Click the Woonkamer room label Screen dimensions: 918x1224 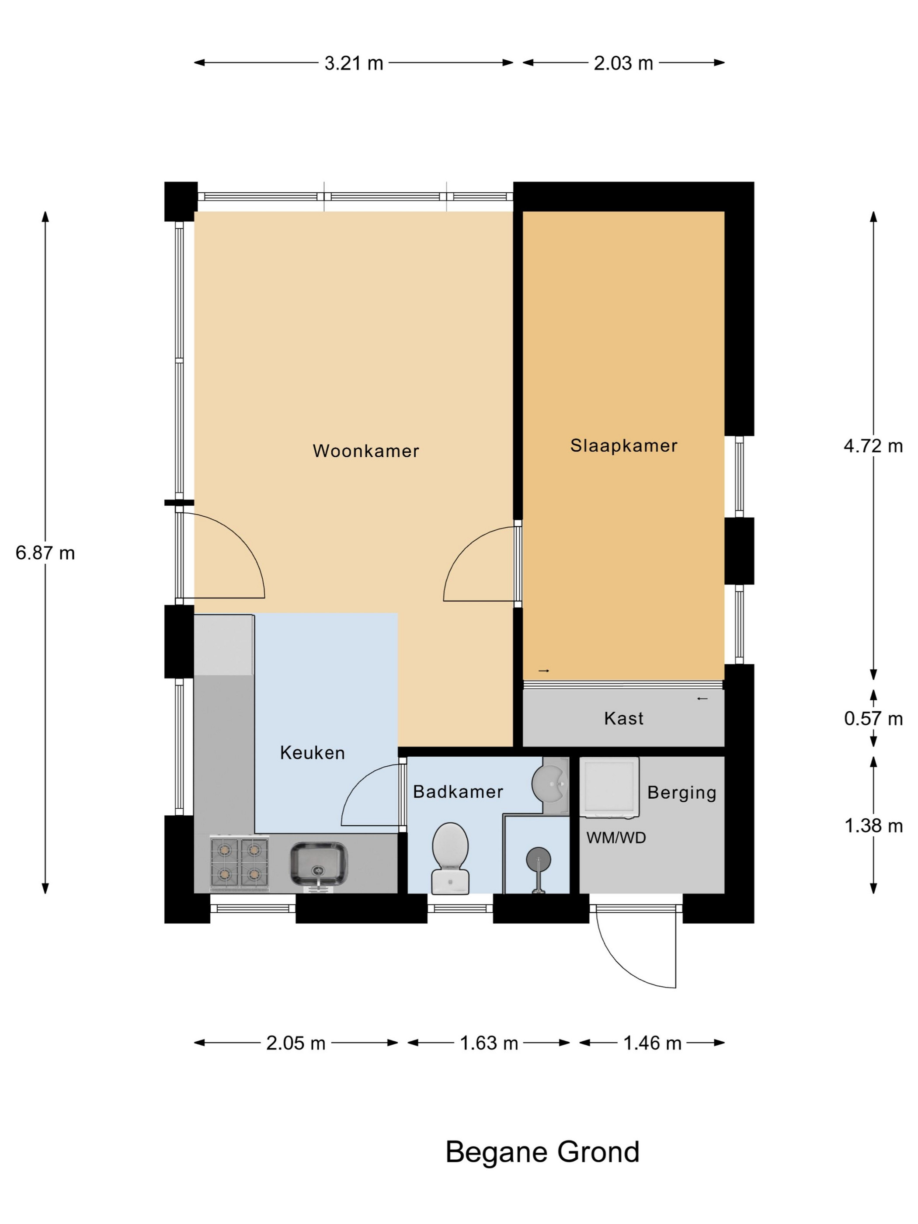366,451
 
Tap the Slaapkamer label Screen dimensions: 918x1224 624,446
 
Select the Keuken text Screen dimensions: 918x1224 312,753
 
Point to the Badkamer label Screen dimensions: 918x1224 458,792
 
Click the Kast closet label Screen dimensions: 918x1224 624,718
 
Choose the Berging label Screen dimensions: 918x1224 682,793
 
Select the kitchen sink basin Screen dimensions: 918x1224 319,864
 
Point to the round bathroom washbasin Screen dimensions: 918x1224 549,783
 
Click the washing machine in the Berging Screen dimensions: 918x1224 609,787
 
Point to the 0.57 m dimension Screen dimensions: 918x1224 873,718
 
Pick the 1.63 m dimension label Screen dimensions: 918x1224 489,1043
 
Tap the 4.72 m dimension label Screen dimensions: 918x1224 873,445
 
